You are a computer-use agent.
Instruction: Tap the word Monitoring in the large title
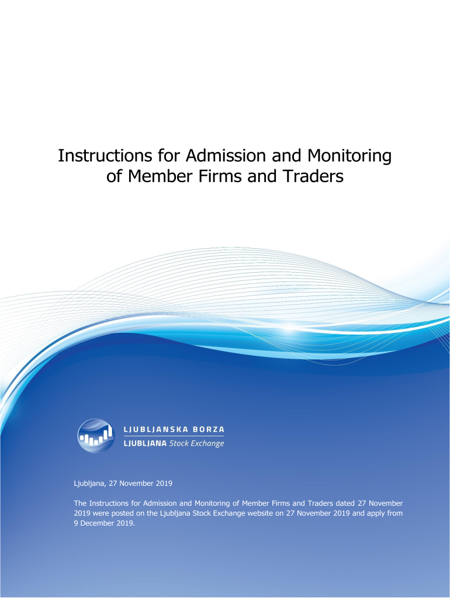pyautogui.click(x=349, y=156)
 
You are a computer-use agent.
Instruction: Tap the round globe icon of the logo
pyautogui.click(x=96, y=436)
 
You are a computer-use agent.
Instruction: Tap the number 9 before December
pyautogui.click(x=76, y=523)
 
